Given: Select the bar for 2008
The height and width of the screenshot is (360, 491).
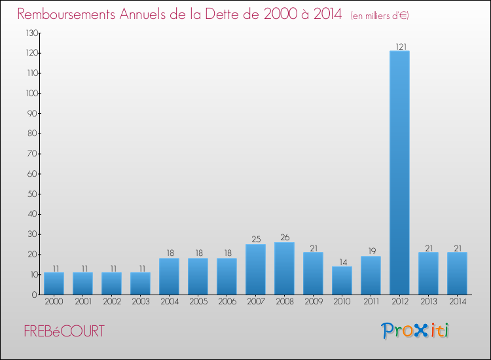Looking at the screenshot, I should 284,268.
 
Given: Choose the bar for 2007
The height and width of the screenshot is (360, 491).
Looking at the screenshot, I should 255,269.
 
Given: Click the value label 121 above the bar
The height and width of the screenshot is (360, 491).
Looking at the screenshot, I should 399,46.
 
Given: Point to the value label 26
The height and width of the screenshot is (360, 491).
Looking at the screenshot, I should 284,238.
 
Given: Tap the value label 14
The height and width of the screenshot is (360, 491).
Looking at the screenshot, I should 342,262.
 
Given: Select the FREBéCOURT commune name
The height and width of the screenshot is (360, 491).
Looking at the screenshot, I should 64,331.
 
